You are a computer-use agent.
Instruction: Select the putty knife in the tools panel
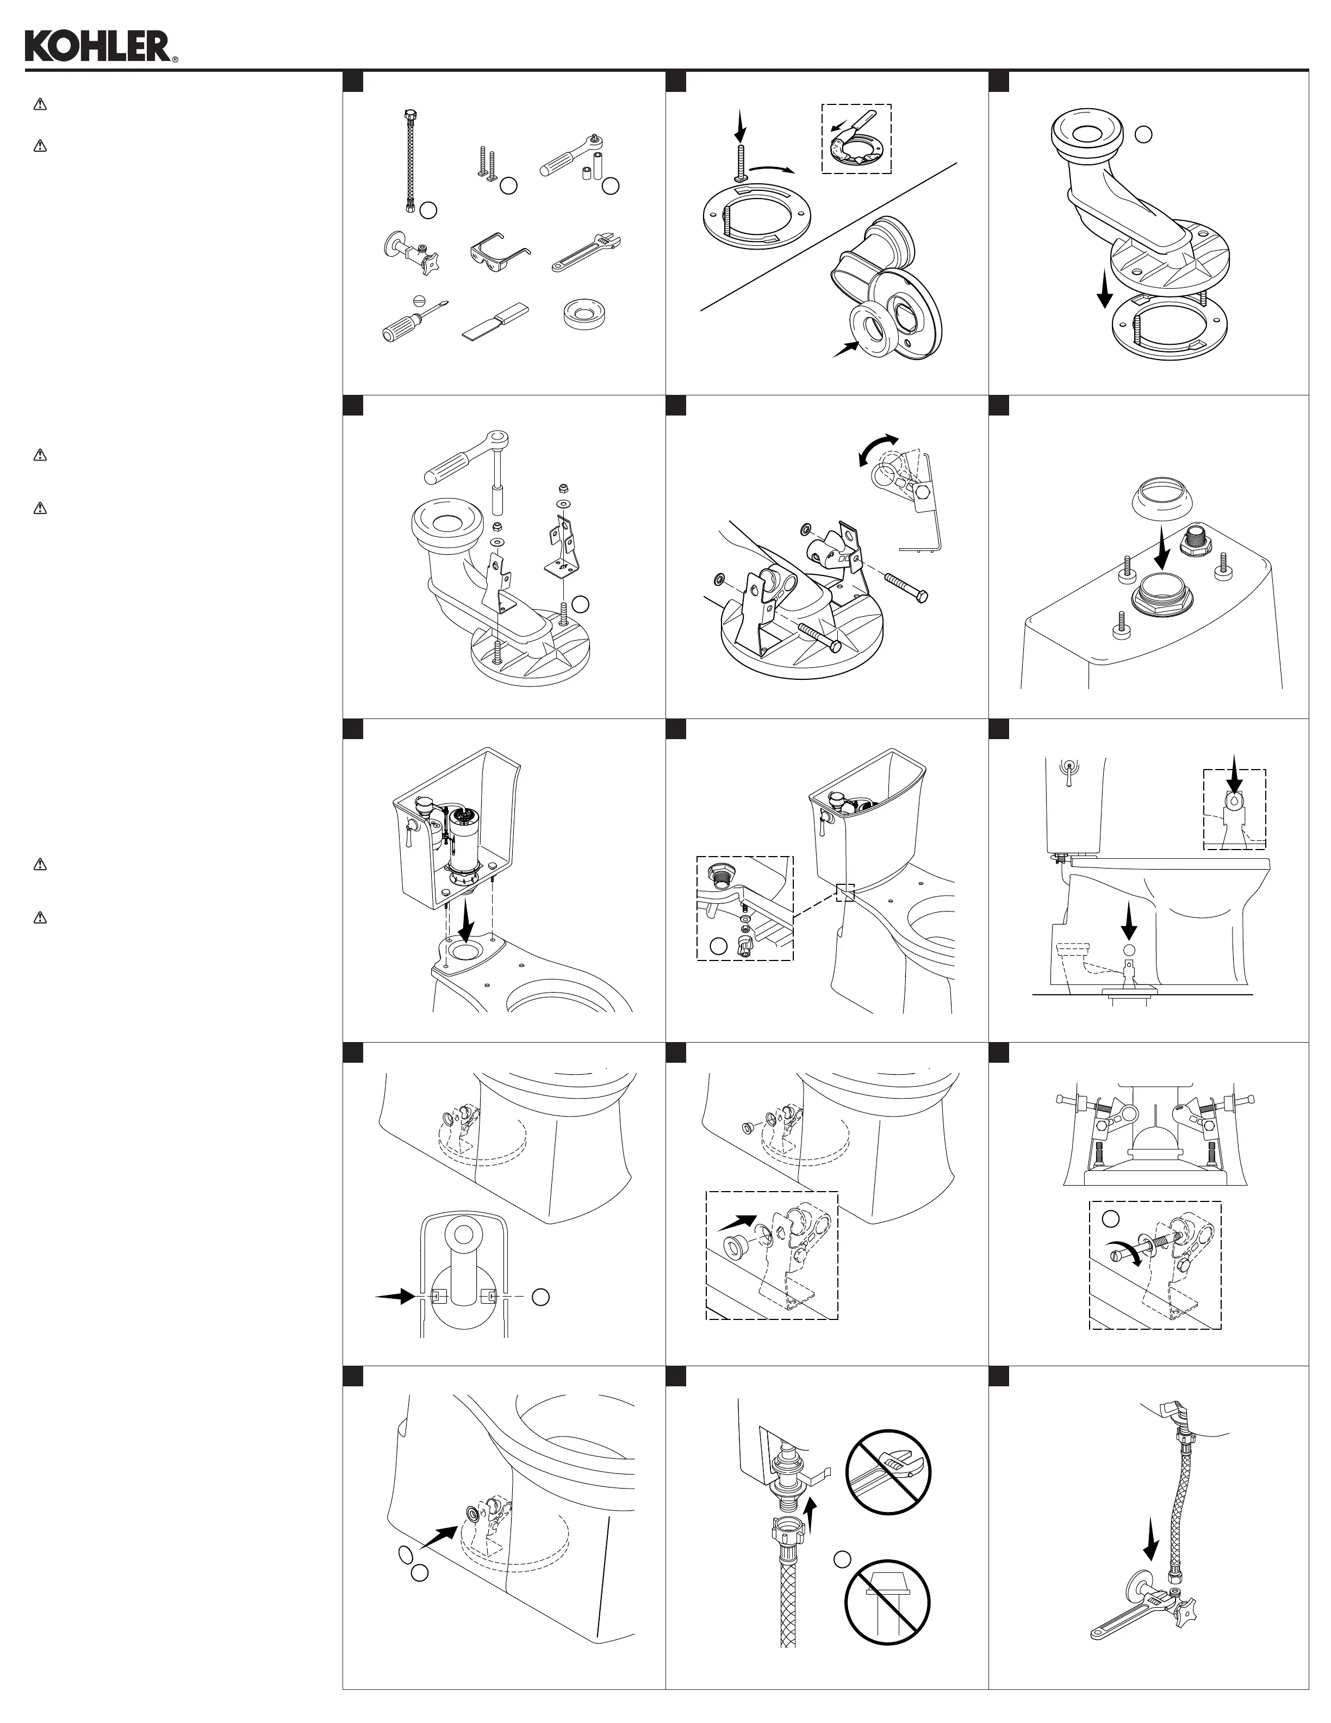497,322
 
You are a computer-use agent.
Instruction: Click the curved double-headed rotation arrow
879,451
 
